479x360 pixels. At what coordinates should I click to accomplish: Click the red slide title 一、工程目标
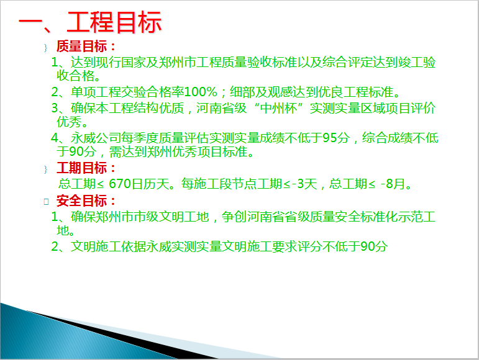coord(91,22)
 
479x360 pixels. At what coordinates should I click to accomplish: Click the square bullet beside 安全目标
coord(46,202)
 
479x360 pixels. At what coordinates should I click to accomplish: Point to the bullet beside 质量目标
coord(46,48)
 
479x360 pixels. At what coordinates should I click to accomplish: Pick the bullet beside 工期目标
coord(46,169)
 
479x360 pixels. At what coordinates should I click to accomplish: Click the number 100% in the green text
coord(201,92)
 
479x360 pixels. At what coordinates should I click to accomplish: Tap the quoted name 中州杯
coord(278,108)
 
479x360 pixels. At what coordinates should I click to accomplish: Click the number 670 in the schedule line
coord(120,184)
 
